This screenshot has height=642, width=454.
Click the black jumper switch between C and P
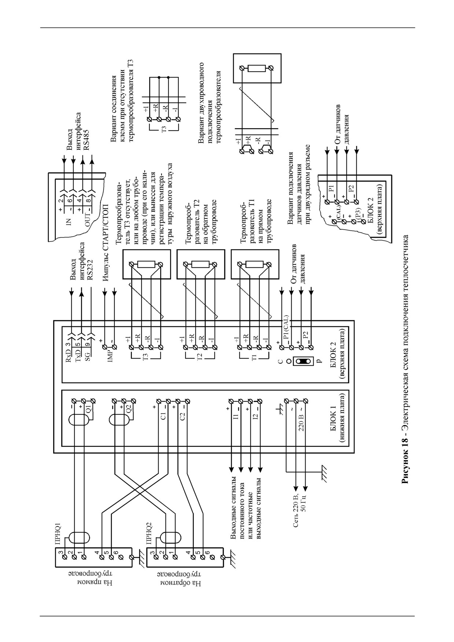(x=303, y=361)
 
